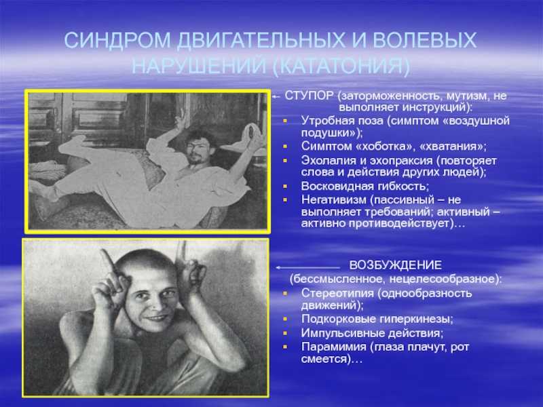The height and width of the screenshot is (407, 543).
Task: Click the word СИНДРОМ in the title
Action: (117, 40)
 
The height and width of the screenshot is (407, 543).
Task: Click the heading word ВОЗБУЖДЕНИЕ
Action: (396, 265)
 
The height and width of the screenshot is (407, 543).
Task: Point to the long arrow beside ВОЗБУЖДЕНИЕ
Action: (308, 267)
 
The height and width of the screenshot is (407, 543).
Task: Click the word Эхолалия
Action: (330, 161)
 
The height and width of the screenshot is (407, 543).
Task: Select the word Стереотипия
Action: (337, 293)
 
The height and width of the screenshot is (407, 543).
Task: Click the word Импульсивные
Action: (342, 333)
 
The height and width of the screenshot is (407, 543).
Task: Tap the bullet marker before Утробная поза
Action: (285, 121)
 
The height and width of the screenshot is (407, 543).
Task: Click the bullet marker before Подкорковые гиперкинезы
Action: (285, 319)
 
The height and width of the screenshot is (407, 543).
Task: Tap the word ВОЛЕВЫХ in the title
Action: (425, 40)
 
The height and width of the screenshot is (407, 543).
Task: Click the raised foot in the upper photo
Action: (71, 144)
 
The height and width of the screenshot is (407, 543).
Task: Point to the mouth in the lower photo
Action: (157, 317)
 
